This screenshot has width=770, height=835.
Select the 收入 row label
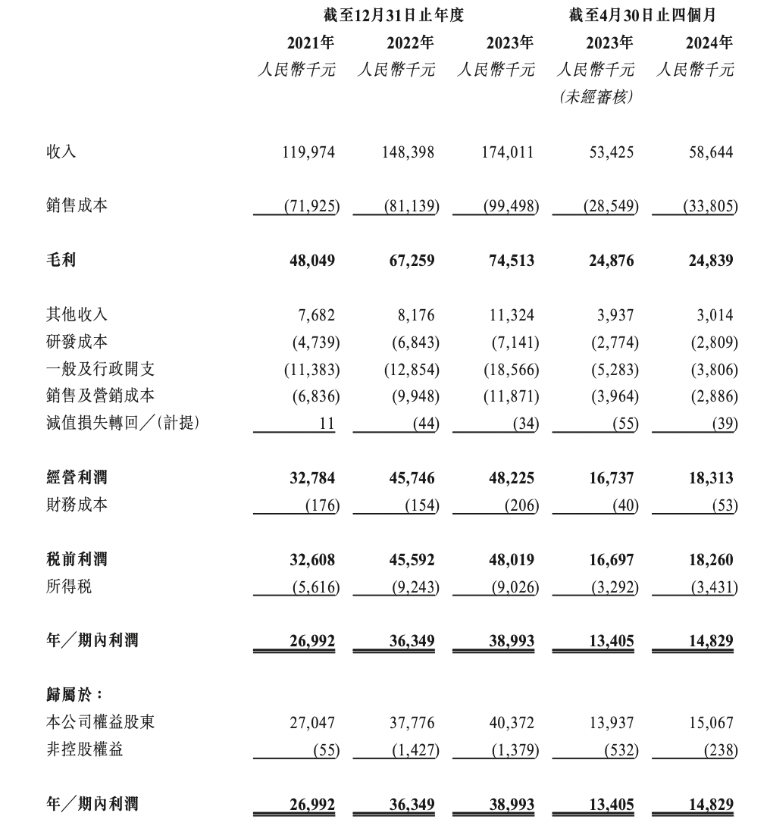click(61, 152)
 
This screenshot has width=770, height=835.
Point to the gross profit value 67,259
click(409, 261)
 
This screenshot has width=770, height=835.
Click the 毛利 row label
click(61, 261)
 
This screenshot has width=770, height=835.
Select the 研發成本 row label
click(77, 342)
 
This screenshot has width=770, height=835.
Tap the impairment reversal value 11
click(327, 424)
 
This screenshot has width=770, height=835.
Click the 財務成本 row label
click(77, 505)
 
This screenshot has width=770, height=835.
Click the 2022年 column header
click(409, 42)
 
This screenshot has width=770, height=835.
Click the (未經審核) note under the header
click(596, 98)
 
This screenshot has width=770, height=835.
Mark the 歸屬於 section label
click(74, 695)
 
